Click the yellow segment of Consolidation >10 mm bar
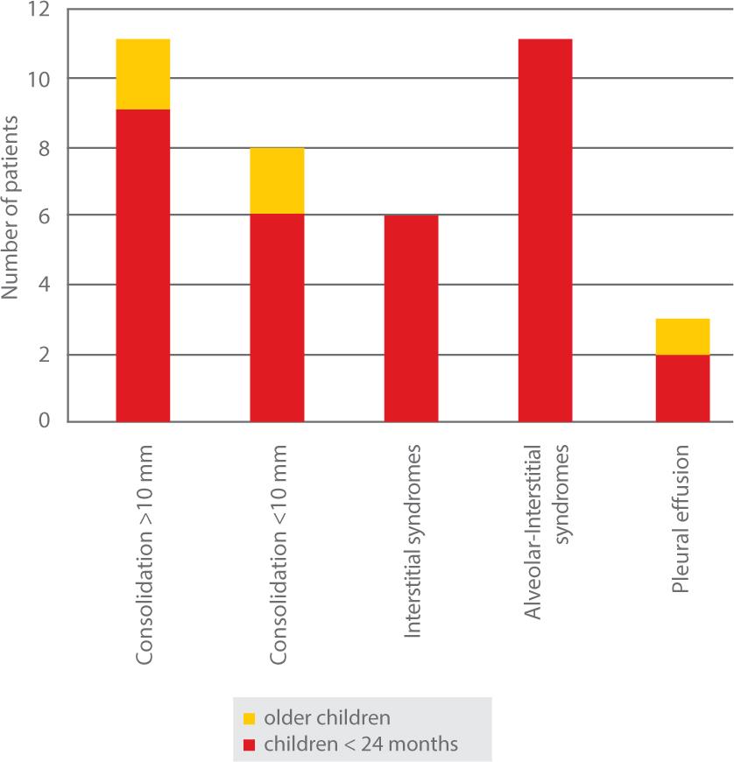coord(142,74)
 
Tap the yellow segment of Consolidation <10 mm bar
coord(277,180)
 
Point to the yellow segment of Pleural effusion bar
coord(682,336)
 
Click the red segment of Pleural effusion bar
coord(682,388)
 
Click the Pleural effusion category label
coord(683,520)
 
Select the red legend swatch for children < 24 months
coord(249,744)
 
